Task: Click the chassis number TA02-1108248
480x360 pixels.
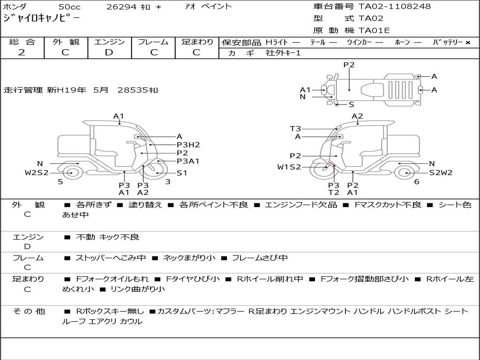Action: [x=395, y=7]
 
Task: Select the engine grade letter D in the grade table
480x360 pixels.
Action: [x=109, y=52]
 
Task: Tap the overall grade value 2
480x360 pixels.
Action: [x=22, y=52]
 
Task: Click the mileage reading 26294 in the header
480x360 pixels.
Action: [x=121, y=7]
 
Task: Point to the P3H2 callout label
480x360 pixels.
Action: [x=188, y=145]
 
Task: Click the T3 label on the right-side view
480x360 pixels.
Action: [x=295, y=128]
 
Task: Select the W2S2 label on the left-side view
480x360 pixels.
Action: [x=37, y=172]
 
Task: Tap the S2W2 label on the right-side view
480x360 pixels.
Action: [x=441, y=172]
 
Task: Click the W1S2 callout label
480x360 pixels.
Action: [x=289, y=167]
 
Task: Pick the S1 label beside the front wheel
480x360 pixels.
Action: [x=182, y=173]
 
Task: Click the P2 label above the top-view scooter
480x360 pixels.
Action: [x=349, y=65]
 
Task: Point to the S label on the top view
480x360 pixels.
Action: [x=352, y=105]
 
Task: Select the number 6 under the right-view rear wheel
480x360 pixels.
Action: [x=417, y=181]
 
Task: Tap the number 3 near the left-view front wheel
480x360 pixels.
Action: [x=168, y=181]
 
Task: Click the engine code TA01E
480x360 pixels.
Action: [x=374, y=30]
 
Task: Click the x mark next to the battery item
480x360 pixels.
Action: [x=468, y=43]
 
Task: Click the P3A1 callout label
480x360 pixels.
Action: [x=188, y=161]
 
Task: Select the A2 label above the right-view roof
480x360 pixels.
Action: [x=357, y=116]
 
